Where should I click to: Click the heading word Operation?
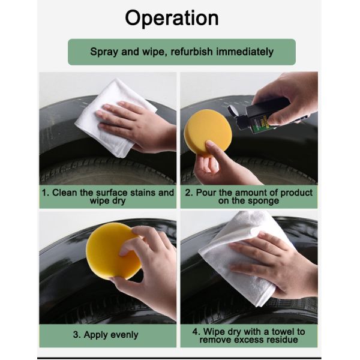pyautogui.click(x=172, y=19)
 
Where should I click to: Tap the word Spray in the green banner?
pyautogui.click(x=104, y=52)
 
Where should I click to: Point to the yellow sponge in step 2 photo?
pyautogui.click(x=208, y=132)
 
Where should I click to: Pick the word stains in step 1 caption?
pyautogui.click(x=142, y=193)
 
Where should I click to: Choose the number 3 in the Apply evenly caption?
pyautogui.click(x=76, y=335)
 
